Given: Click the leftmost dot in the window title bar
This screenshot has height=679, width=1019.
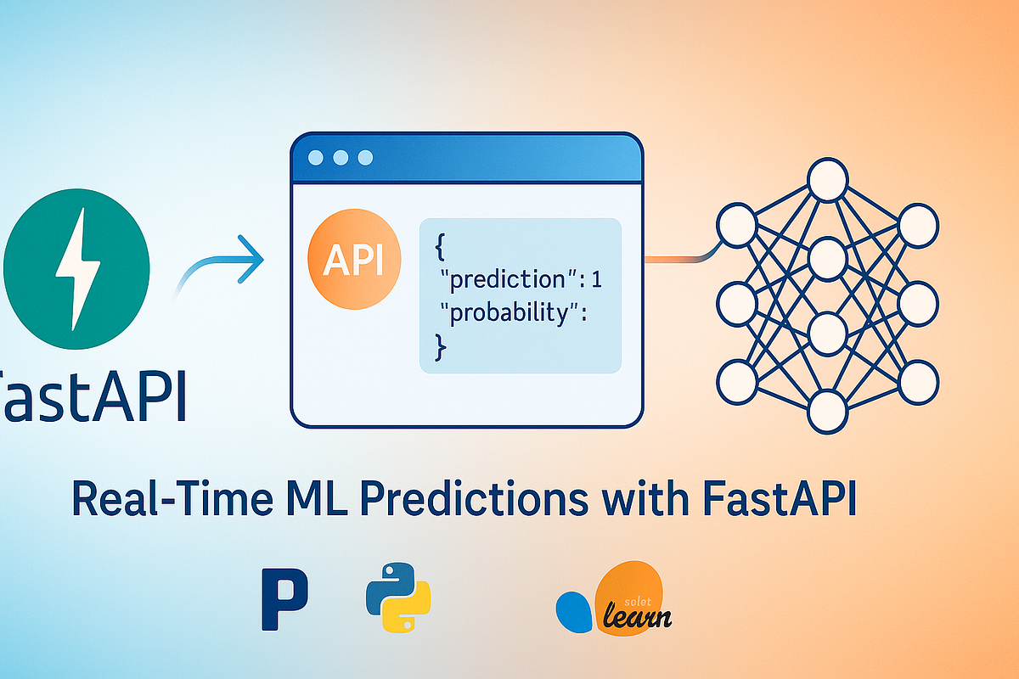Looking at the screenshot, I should [x=317, y=158].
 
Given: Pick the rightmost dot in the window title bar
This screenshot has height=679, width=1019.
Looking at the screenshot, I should [x=365, y=158].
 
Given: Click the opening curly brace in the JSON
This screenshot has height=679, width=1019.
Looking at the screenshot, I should [x=440, y=246].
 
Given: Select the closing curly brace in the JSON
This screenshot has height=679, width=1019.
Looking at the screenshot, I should [x=440, y=344].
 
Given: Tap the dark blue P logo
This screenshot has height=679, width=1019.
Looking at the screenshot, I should [x=284, y=599].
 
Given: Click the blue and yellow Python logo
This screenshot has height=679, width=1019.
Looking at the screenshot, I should [x=398, y=593].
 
